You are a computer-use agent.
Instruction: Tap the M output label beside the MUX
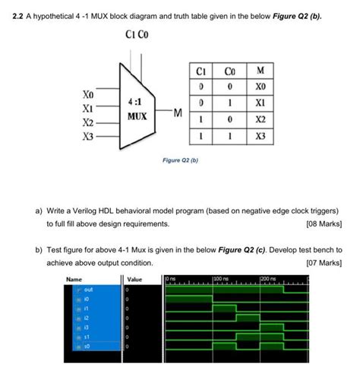(178, 113)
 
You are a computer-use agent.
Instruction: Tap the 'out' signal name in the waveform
(78, 289)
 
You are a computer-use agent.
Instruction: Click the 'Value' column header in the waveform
(134, 280)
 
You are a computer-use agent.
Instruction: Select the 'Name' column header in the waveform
(74, 280)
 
